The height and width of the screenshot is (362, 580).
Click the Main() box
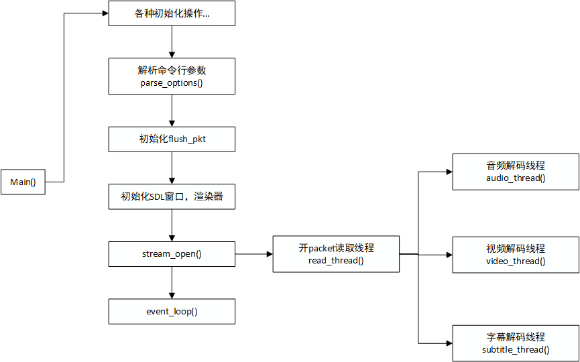(x=23, y=182)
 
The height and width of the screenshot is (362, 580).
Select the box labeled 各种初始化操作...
(x=172, y=13)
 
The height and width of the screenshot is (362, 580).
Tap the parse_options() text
(x=172, y=83)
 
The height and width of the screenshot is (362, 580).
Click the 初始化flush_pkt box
(x=172, y=139)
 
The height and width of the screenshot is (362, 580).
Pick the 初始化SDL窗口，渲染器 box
(x=172, y=196)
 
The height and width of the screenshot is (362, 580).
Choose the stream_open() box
(x=172, y=254)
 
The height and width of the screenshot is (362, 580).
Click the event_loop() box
(x=172, y=311)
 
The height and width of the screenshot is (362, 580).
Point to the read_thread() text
(x=336, y=260)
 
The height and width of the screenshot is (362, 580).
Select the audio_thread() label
(x=516, y=178)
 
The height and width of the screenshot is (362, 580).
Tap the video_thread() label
(x=516, y=261)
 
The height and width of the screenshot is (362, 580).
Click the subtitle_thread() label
(x=516, y=350)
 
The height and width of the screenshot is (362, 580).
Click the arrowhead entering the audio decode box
(x=449, y=172)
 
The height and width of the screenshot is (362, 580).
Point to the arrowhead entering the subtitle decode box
(x=449, y=343)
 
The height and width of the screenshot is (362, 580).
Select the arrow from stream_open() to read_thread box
(x=253, y=254)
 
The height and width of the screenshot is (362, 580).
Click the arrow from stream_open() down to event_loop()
(x=172, y=283)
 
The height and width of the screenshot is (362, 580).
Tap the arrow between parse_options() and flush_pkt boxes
(x=172, y=111)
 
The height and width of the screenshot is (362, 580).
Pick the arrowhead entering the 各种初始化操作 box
(x=105, y=13)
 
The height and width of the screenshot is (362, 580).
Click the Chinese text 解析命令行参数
(x=172, y=70)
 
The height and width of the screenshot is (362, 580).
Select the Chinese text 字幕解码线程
(x=516, y=337)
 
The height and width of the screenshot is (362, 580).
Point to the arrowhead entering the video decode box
(x=449, y=255)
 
